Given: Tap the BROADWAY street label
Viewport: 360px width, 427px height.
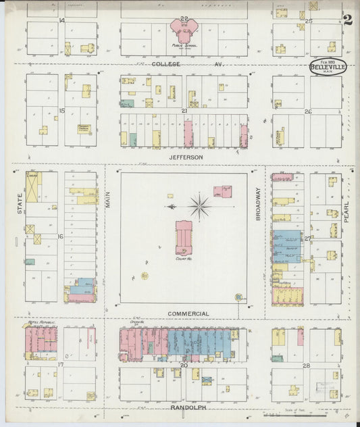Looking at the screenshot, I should (x=257, y=201).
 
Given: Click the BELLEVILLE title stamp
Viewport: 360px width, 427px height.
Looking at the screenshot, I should (x=329, y=66).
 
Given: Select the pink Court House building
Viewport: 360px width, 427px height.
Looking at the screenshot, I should (x=184, y=236).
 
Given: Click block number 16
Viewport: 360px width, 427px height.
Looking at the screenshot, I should (x=61, y=236).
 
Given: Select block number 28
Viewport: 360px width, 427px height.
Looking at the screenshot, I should (x=307, y=365).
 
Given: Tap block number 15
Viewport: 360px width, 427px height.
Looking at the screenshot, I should (x=61, y=110).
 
